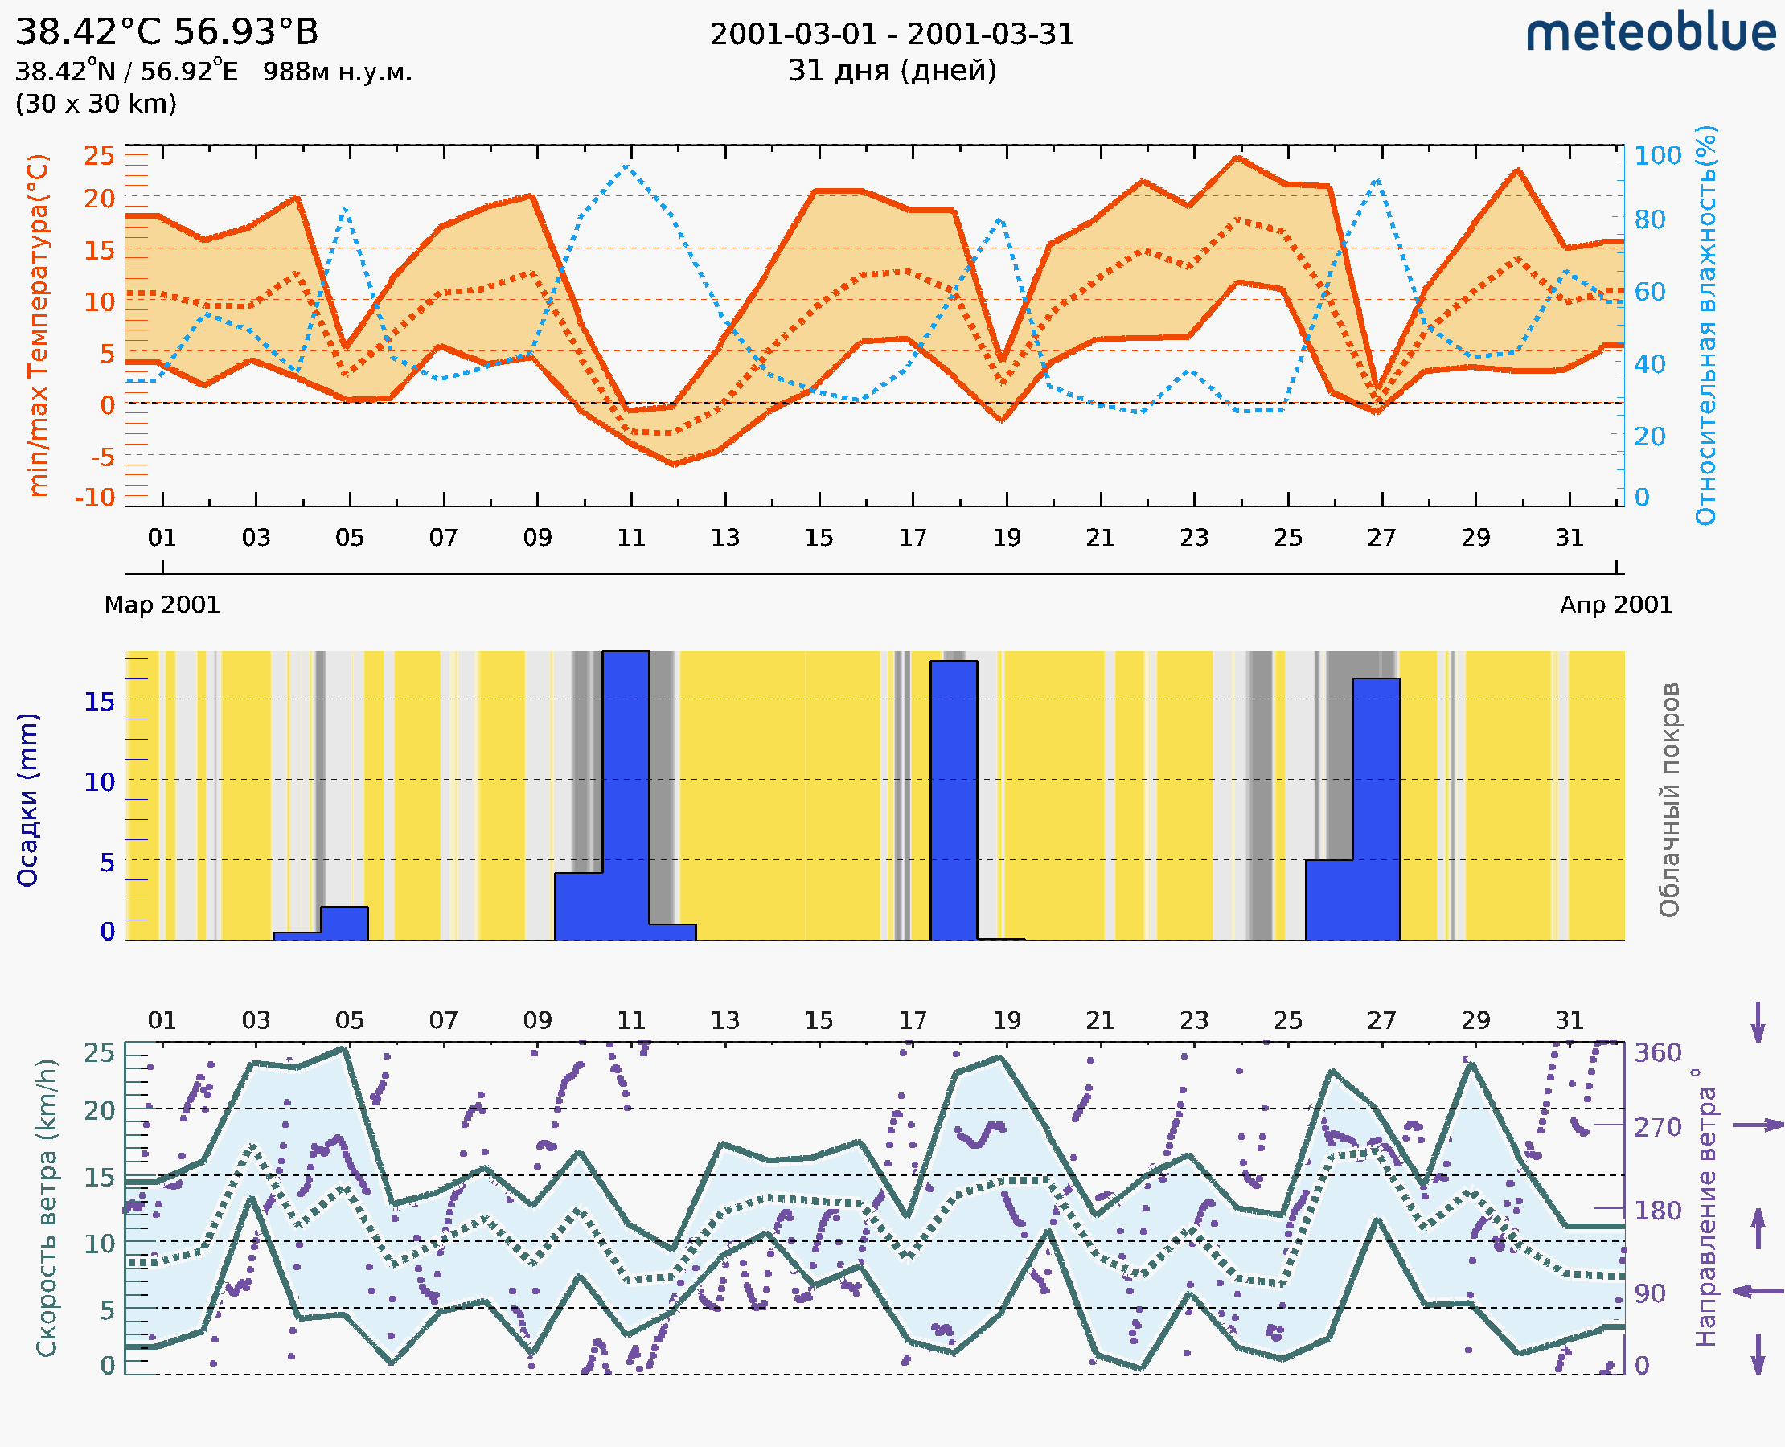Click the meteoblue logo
pyautogui.click(x=1650, y=33)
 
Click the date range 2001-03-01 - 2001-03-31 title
pyautogui.click(x=892, y=35)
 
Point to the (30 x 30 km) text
pyautogui.click(x=96, y=104)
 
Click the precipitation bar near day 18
pyautogui.click(x=954, y=800)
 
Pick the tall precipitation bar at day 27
pyautogui.click(x=1376, y=809)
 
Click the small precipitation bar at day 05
pyautogui.click(x=344, y=924)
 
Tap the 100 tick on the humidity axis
pyautogui.click(x=1657, y=156)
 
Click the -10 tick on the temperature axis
pyautogui.click(x=95, y=498)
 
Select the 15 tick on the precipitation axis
pyautogui.click(x=99, y=702)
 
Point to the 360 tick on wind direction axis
pyautogui.click(x=1657, y=1053)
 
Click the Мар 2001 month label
pyautogui.click(x=162, y=605)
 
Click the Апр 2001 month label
pyautogui.click(x=1616, y=605)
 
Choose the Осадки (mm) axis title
pyautogui.click(x=27, y=800)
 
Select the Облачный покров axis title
pyautogui.click(x=1669, y=800)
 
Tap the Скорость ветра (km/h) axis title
pyautogui.click(x=47, y=1207)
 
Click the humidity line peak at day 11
pyautogui.click(x=627, y=166)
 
